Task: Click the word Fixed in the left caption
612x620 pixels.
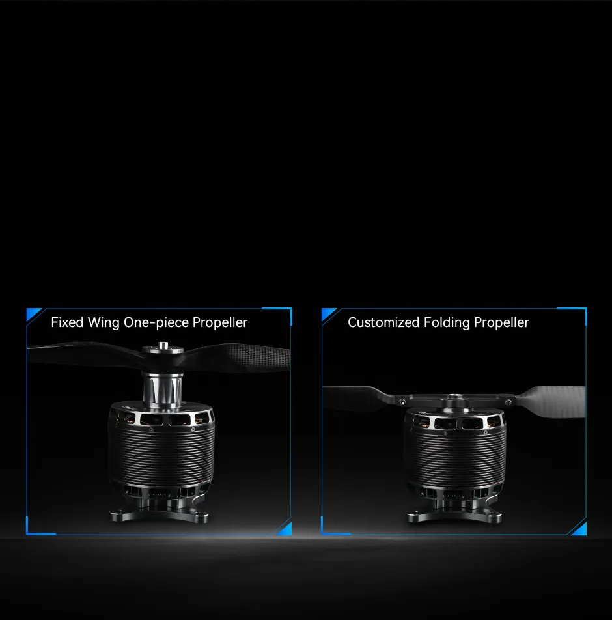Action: coord(67,322)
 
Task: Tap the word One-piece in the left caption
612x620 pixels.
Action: coord(156,323)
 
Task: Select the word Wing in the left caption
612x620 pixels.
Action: coord(104,323)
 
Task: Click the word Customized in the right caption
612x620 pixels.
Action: coord(383,322)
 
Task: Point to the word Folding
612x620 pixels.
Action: coord(447,323)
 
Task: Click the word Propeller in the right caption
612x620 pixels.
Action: coord(501,323)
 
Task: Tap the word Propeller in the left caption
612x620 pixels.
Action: coord(220,323)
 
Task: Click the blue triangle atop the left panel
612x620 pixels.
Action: coord(33,314)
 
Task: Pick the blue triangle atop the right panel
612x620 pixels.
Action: coord(327,314)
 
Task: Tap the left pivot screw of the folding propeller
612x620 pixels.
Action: coord(402,402)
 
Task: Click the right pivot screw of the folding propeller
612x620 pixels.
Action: coord(508,402)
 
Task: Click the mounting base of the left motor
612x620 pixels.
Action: coord(159,513)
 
